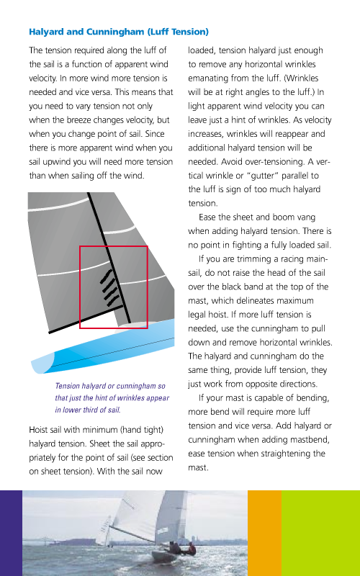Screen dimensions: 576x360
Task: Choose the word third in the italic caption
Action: coord(91,410)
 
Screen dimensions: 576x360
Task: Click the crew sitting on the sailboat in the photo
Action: coord(186,549)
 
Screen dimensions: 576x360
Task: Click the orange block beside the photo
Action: coord(264,533)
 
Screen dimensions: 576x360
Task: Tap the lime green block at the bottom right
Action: coord(320,533)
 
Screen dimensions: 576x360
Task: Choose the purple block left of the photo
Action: coord(11,533)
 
